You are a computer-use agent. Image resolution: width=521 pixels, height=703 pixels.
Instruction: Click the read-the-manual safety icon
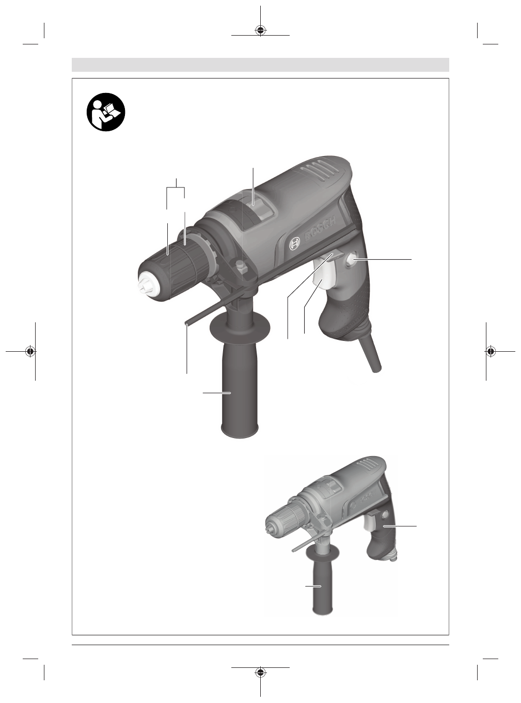[106, 112]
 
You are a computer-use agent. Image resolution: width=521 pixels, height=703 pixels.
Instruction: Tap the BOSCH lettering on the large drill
[320, 229]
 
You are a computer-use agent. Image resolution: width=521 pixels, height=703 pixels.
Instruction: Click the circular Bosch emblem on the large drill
[294, 244]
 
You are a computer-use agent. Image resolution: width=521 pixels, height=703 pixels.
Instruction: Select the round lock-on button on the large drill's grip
[352, 260]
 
